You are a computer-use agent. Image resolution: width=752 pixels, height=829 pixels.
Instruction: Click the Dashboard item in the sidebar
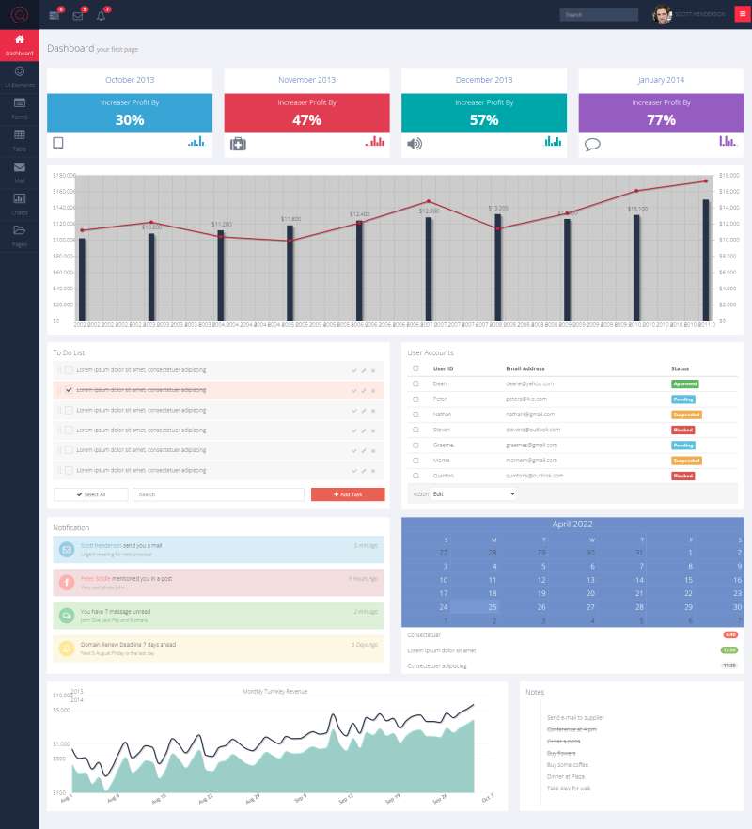pos(19,44)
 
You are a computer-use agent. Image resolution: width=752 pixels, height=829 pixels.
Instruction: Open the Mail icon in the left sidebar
pos(19,170)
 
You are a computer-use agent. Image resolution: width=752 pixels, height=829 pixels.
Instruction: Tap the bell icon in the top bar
pos(102,15)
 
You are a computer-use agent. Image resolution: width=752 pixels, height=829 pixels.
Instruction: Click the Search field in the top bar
pos(598,15)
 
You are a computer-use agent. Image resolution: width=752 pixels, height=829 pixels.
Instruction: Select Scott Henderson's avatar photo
pos(663,14)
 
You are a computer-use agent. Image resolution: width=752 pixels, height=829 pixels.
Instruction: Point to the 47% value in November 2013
pos(306,119)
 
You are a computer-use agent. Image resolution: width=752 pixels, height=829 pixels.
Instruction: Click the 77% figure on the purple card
pos(661,119)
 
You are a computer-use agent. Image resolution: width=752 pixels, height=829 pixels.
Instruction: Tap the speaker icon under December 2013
pos(415,144)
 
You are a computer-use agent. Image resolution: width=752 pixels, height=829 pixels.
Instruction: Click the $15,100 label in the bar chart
pos(637,209)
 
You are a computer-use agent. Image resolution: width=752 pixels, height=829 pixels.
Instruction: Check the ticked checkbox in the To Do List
pos(69,389)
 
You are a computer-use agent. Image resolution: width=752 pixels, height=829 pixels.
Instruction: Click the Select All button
pos(91,493)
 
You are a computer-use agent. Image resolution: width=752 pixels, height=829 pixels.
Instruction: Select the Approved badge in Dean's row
pos(685,384)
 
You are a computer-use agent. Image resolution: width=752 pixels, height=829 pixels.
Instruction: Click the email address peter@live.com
pos(530,399)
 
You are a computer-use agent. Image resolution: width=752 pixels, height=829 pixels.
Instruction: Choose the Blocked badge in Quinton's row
pos(683,477)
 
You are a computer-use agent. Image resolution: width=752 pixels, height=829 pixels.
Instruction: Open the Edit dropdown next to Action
pos(474,493)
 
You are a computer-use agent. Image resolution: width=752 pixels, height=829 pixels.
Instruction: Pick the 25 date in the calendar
pos(492,606)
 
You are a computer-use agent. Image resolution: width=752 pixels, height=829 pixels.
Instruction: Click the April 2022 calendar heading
pos(572,524)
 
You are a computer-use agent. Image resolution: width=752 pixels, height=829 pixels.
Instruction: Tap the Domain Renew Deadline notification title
pos(115,645)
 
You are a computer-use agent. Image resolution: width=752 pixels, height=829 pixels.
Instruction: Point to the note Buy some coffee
pos(568,765)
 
